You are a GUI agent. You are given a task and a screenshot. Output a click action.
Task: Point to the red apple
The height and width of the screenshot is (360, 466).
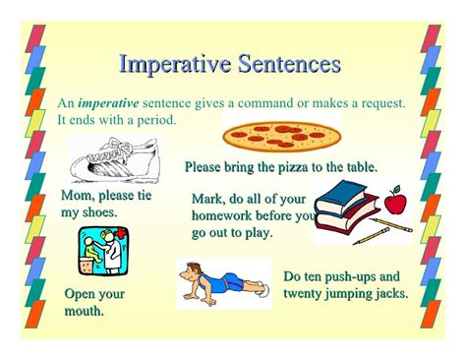click(394, 203)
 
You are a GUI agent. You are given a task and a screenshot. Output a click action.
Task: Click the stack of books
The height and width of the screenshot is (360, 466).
click(351, 210)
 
